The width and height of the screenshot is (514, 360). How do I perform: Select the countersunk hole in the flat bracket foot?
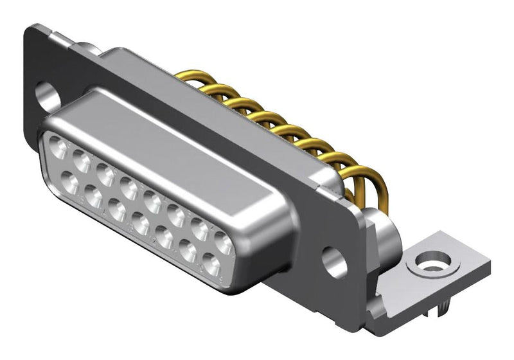point(429,262)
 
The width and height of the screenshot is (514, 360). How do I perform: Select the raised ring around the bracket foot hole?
point(429,256)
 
